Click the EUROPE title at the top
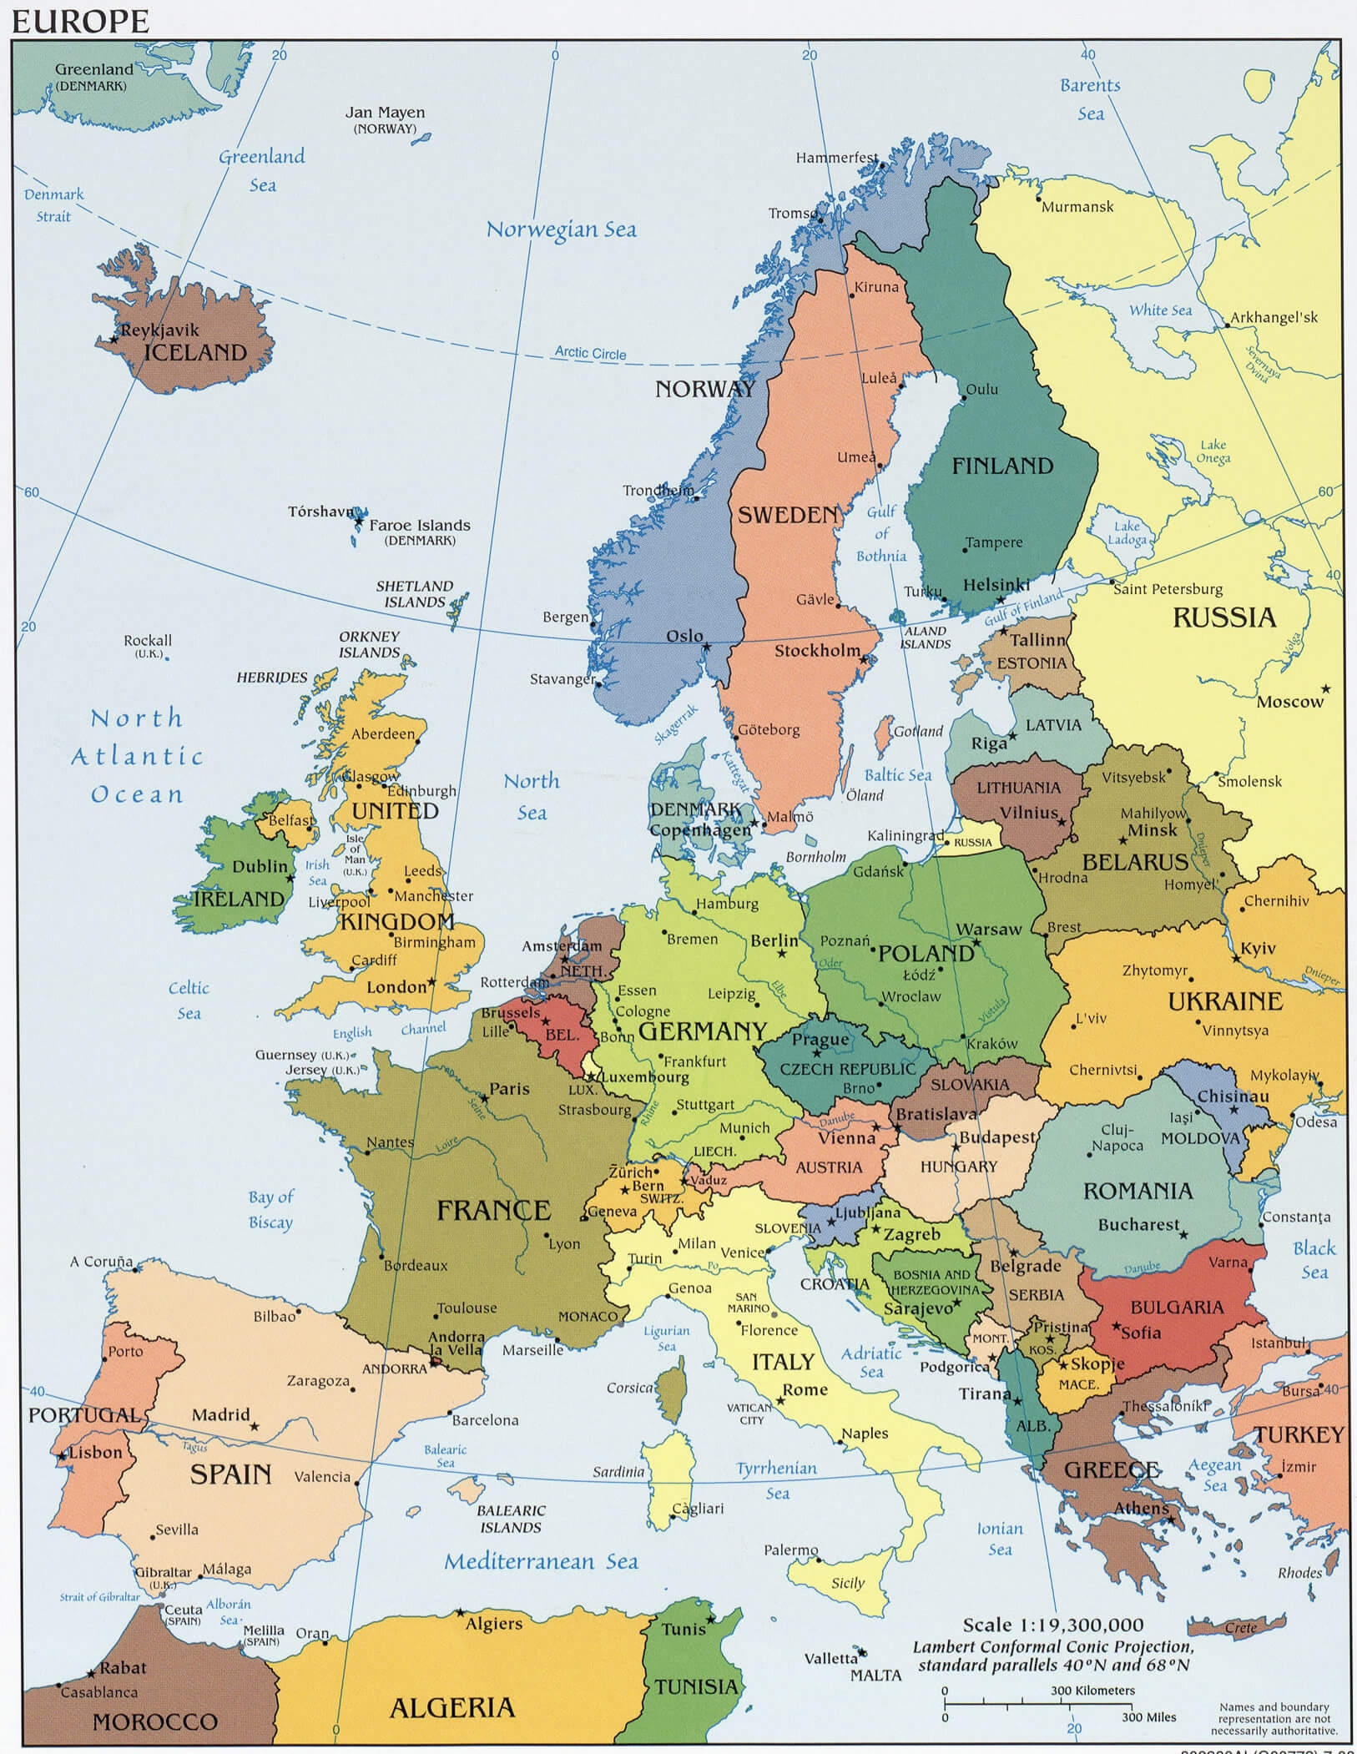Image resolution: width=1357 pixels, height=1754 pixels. tap(80, 20)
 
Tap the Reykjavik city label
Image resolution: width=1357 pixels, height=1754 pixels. tap(159, 330)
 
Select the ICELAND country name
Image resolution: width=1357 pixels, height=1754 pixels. tap(195, 353)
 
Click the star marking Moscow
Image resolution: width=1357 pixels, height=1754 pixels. tap(1325, 689)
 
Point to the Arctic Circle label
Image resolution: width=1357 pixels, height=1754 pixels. tap(590, 353)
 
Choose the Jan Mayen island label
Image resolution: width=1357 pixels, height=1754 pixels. tap(385, 113)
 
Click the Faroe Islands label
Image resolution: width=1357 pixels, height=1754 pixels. tap(419, 525)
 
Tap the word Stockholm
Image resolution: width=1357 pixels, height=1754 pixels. tap(816, 650)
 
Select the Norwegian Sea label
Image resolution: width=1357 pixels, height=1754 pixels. tap(561, 229)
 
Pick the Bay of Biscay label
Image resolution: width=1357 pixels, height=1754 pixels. tap(270, 1209)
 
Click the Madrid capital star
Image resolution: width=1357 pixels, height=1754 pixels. tap(255, 1427)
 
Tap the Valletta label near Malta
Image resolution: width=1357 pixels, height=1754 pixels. tap(830, 1658)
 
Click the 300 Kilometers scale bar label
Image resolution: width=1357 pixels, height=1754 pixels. tap(1092, 1690)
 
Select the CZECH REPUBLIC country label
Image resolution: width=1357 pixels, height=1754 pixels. tap(847, 1069)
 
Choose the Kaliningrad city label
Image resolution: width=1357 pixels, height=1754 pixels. tap(906, 835)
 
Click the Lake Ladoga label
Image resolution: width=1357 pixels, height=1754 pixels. tap(1127, 533)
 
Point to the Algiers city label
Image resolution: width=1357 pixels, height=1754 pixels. tap(493, 1623)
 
